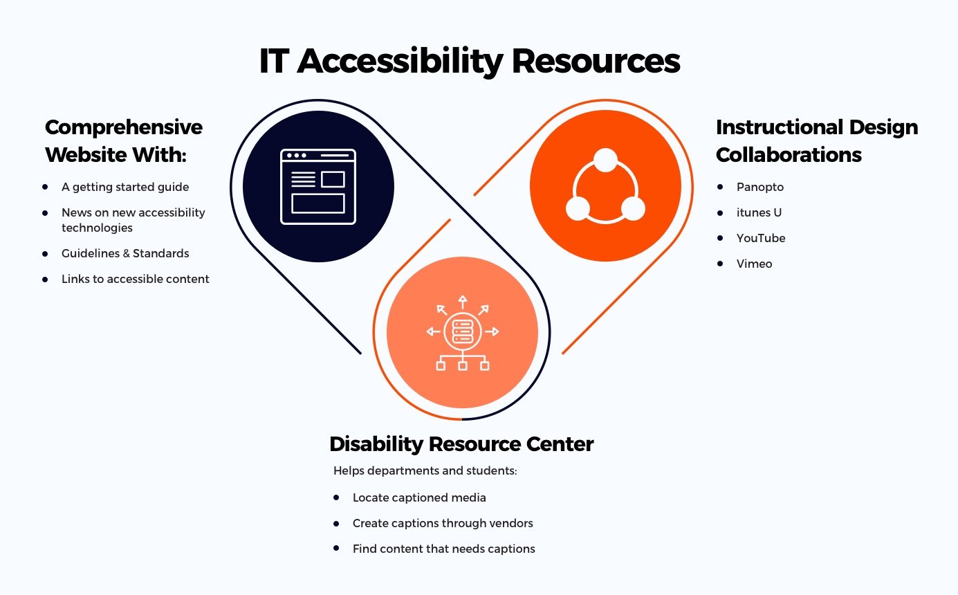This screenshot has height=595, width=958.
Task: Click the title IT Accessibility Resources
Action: point(470,61)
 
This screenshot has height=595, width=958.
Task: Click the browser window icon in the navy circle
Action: point(318,186)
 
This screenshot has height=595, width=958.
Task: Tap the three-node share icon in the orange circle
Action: point(605,185)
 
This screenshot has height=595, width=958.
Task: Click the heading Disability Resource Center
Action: point(461,443)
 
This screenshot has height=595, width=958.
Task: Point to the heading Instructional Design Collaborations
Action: point(817,140)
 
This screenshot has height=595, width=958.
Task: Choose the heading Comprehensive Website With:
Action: point(124,140)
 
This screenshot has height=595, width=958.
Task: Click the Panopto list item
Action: point(760,187)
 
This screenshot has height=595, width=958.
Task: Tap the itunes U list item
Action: point(759,212)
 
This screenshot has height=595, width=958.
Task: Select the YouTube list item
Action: point(761,238)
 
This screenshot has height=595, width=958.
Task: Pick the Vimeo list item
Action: point(754,264)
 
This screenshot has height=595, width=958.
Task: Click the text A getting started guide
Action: point(125,187)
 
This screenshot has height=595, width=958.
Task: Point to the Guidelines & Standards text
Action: point(125,253)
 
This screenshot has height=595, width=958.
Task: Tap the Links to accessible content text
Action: point(136,279)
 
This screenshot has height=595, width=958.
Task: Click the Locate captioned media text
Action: point(419,497)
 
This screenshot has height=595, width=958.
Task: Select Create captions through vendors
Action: point(443,523)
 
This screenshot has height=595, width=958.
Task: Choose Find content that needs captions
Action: point(444,549)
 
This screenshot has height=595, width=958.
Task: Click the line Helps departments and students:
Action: point(425,470)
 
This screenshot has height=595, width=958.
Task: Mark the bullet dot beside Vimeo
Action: point(720,263)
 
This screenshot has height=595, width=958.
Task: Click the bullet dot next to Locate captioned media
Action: point(336,497)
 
